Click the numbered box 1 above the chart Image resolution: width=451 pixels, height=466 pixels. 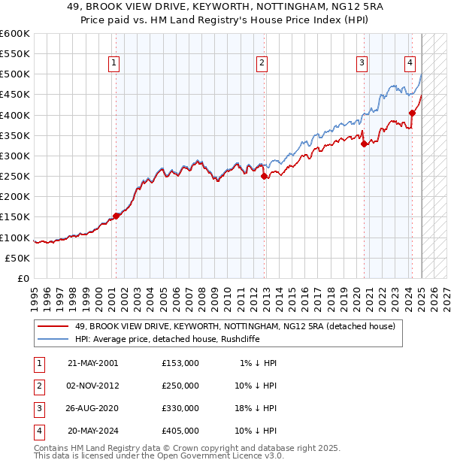click(x=114, y=63)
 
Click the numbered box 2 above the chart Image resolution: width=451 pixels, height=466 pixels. click(x=262, y=63)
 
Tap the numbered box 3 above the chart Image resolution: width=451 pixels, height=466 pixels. click(x=362, y=63)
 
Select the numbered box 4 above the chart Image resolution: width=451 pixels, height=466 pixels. click(x=410, y=63)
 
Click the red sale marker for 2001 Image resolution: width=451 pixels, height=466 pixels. click(x=116, y=216)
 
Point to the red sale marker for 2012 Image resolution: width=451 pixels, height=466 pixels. click(x=264, y=177)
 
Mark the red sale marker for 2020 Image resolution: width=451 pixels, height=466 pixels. click(x=364, y=144)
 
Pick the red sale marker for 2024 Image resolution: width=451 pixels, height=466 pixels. click(x=412, y=113)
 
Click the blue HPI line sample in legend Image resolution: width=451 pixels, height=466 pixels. click(x=53, y=339)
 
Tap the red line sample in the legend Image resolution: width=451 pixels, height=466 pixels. click(x=53, y=326)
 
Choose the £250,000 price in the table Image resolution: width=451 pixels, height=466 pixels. click(x=180, y=386)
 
